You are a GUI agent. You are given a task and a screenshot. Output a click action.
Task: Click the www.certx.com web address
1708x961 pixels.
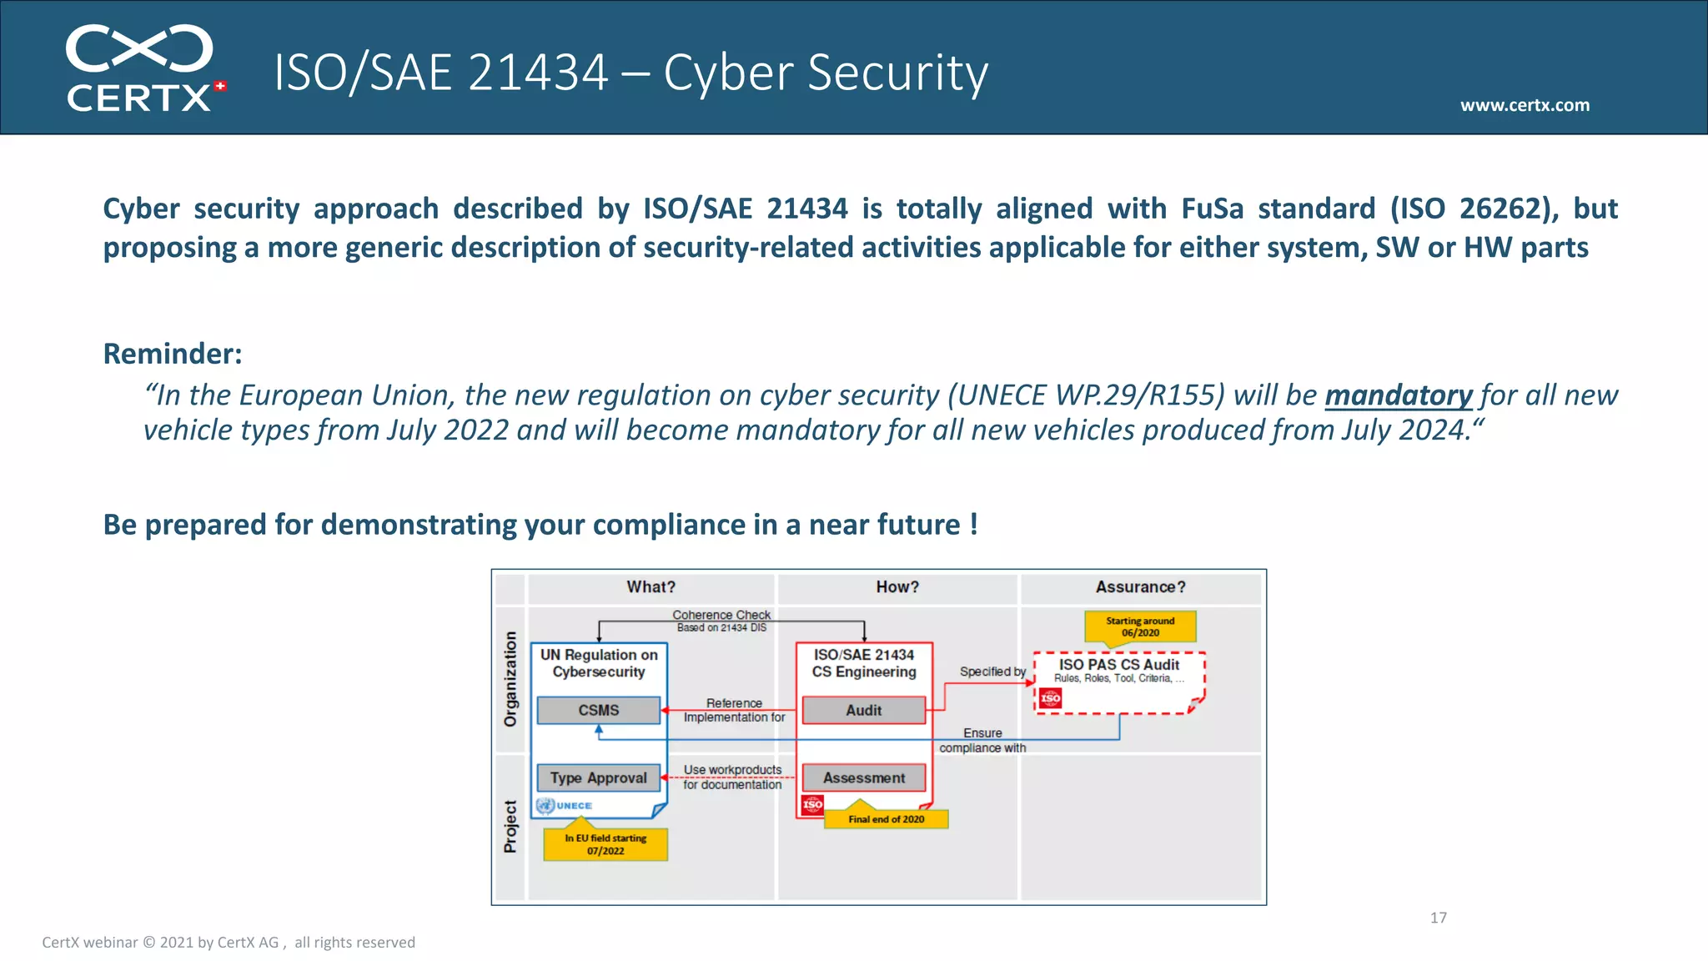[1525, 105]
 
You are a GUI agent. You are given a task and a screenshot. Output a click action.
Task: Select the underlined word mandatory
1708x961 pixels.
[1399, 395]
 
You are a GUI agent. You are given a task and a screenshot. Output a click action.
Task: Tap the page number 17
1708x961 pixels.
[1438, 918]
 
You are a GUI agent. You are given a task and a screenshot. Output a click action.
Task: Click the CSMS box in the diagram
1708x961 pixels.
[599, 710]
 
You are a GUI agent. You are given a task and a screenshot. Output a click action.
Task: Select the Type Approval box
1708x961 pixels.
[599, 777]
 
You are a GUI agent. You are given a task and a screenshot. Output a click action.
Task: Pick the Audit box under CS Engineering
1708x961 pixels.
[863, 710]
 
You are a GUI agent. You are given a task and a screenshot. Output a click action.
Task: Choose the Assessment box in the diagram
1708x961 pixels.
[863, 777]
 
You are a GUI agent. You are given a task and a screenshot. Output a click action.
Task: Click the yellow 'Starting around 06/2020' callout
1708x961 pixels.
[1140, 626]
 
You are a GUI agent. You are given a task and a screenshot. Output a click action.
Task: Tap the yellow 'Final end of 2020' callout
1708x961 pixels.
[886, 819]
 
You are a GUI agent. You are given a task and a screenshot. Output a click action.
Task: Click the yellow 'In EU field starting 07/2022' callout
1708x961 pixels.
[605, 844]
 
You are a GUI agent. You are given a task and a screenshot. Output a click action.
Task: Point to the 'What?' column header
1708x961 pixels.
[651, 587]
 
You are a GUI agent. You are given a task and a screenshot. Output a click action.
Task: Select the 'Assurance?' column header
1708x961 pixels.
[1140, 587]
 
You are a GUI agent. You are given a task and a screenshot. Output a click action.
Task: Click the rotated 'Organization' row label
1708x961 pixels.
[510, 678]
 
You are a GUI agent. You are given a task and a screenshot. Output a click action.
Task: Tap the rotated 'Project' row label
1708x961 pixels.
[510, 827]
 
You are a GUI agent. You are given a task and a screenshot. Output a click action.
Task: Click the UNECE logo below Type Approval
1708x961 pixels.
[565, 806]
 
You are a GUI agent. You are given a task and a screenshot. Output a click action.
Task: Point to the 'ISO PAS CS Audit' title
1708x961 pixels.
[1118, 664]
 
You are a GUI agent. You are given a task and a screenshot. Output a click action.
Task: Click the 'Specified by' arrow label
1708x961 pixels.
[992, 672]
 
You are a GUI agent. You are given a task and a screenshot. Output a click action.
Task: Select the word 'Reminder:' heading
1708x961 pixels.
[173, 354]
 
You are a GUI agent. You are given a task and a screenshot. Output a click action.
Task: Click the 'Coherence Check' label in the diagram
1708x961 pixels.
[721, 615]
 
